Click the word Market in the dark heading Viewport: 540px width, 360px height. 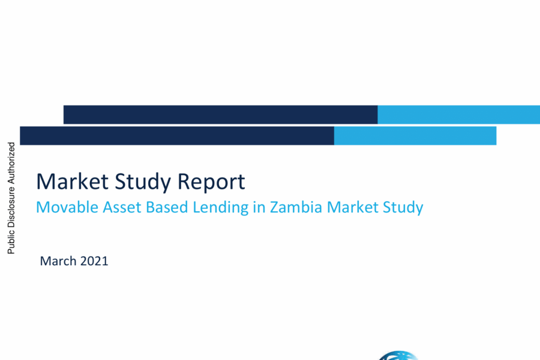point(73,182)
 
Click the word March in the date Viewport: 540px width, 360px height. point(58,261)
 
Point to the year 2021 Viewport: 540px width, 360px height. point(94,261)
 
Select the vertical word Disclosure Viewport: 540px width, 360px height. point(11,208)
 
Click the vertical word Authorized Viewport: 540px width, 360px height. point(11,164)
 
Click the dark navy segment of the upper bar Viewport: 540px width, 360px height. point(220,115)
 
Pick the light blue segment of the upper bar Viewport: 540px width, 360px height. point(459,115)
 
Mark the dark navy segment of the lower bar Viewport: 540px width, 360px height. point(177,136)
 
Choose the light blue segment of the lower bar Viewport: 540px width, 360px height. point(415,136)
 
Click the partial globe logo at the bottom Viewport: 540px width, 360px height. point(398,356)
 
